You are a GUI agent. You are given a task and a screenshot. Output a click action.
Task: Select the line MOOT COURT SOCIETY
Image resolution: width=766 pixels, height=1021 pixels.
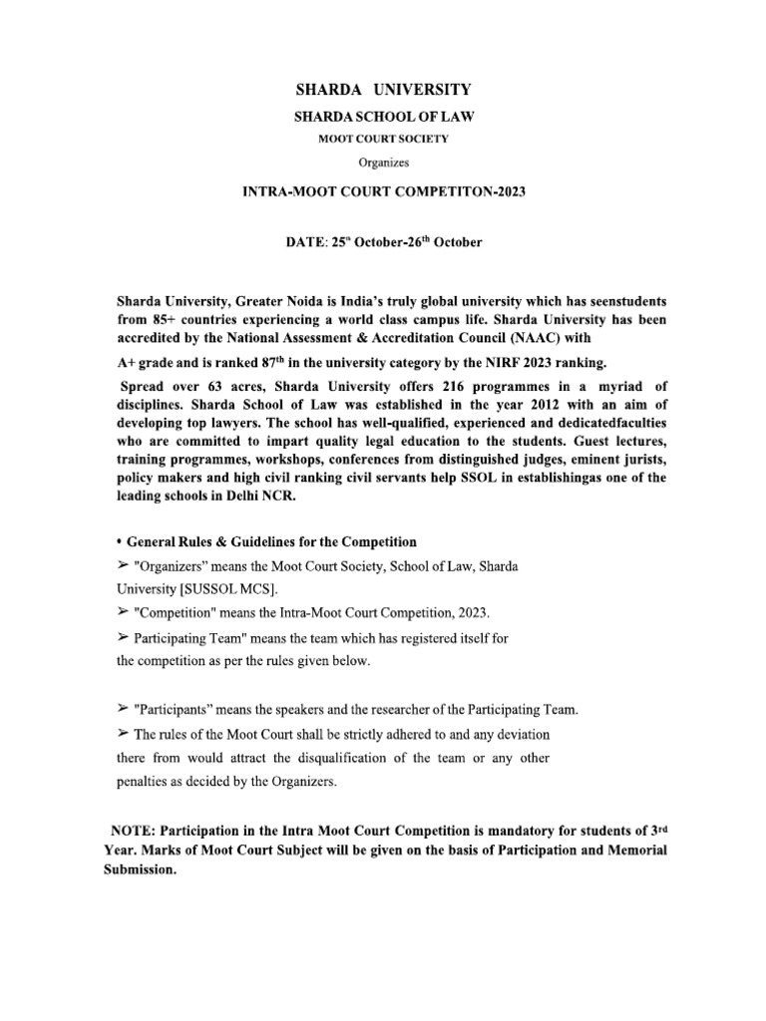coord(382,139)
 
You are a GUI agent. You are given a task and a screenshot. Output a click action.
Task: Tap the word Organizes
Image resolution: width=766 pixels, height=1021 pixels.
coord(382,161)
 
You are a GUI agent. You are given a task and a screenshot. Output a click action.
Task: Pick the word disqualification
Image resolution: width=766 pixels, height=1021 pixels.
coord(273,758)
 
